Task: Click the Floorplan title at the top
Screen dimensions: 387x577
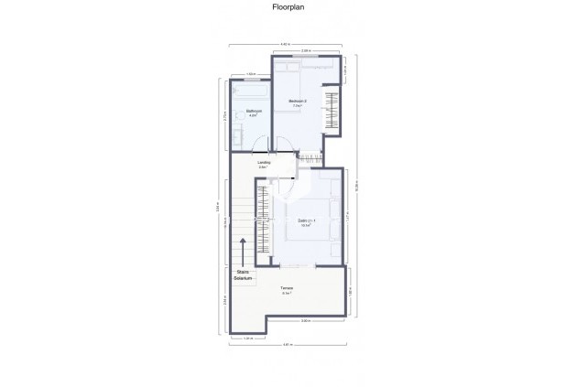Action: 288,7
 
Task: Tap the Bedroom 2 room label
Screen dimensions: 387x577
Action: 298,102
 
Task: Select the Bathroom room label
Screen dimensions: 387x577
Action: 254,113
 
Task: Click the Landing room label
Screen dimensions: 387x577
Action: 264,165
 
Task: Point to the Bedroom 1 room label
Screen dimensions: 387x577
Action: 304,221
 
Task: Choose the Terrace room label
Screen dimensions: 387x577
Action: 287,291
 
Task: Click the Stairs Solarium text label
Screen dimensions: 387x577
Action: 243,274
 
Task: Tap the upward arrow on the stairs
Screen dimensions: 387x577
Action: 243,250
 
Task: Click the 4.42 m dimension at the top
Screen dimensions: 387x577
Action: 286,45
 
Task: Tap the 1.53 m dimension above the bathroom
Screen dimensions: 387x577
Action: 250,74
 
